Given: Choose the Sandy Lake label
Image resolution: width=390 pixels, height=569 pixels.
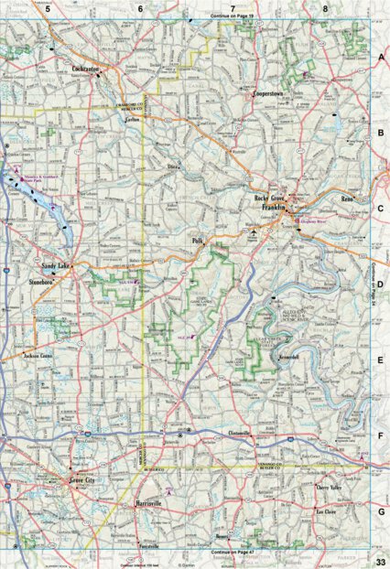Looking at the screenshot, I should click(60, 265).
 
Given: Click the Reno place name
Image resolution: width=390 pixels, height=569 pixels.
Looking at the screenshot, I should click(347, 197).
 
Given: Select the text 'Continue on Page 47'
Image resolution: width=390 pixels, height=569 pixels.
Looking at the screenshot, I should click(234, 553).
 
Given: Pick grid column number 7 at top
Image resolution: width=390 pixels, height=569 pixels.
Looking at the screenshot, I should click(233, 7).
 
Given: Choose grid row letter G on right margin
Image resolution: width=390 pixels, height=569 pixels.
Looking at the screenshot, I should click(380, 512).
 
